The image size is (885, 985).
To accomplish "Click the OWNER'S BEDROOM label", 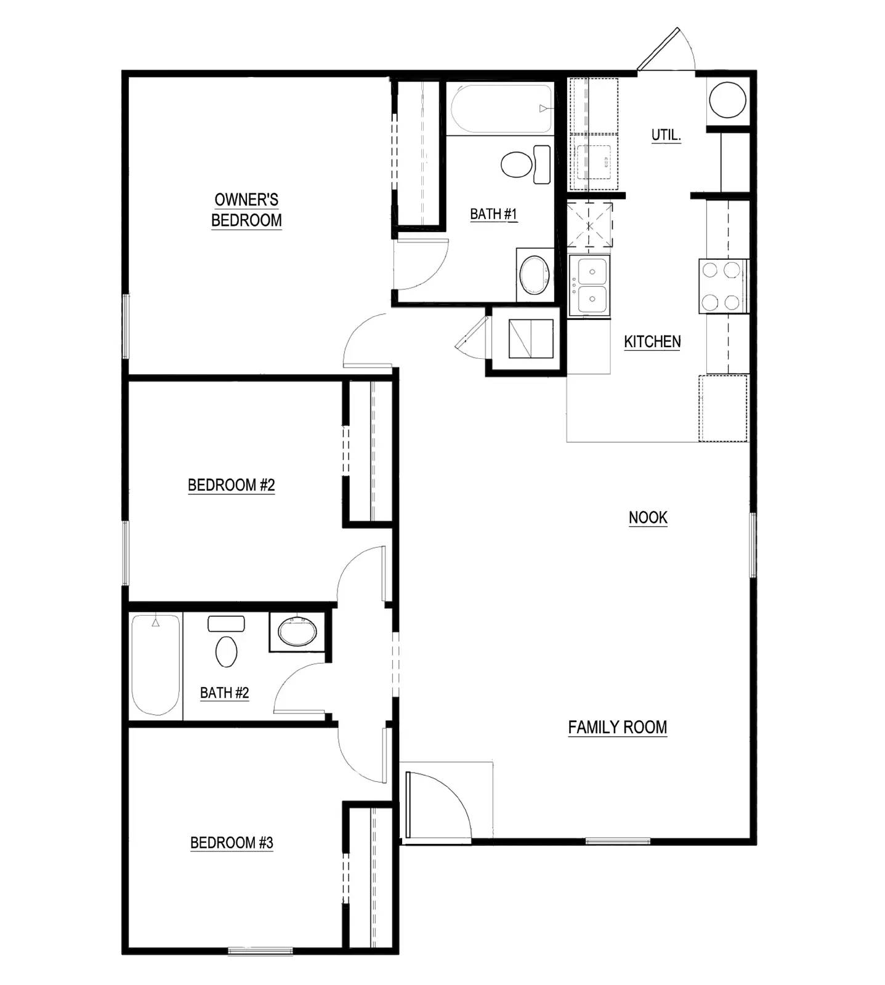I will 246,210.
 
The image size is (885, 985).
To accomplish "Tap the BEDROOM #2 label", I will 231,485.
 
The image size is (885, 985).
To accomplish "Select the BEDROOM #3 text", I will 231,842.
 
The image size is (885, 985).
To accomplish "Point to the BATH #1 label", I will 493,214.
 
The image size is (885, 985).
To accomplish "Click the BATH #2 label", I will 224,693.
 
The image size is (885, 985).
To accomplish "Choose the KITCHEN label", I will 652,342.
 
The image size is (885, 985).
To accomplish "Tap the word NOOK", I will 648,518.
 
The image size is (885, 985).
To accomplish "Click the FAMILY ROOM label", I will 617,727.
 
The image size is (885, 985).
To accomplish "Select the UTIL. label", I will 666,135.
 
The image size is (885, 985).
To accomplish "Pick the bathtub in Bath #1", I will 501,109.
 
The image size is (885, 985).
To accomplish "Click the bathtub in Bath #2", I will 156,665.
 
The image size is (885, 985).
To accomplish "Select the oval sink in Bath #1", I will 535,275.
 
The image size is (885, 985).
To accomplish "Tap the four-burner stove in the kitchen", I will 722,286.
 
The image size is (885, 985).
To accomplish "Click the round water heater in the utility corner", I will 727,99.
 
